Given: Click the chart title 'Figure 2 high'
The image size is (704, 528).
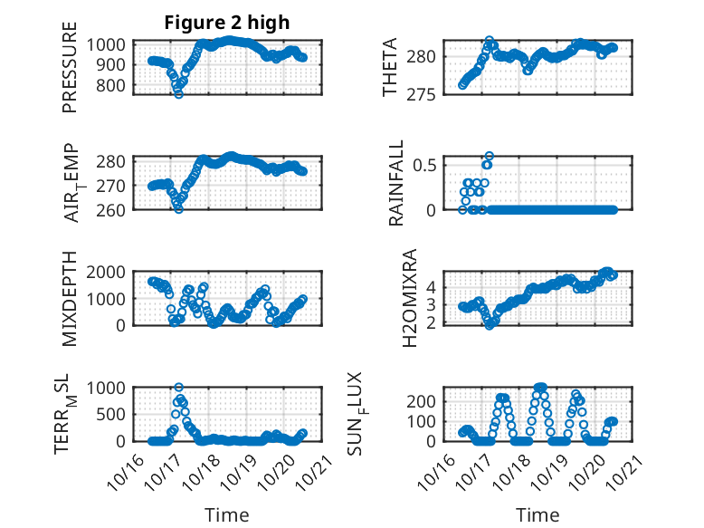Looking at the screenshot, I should [226, 23].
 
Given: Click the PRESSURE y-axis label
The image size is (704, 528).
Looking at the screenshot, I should [70, 74].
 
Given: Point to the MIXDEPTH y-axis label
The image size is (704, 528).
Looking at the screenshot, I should [70, 299].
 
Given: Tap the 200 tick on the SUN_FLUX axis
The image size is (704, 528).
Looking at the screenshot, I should [426, 400].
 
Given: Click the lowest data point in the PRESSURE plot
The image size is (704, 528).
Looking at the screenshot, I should [178, 93].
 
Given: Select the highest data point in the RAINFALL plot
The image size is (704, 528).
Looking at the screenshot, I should [489, 156].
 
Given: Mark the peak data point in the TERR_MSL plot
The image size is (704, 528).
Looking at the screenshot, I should [178, 388].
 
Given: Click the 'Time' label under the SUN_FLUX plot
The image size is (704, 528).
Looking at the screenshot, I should [538, 515].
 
